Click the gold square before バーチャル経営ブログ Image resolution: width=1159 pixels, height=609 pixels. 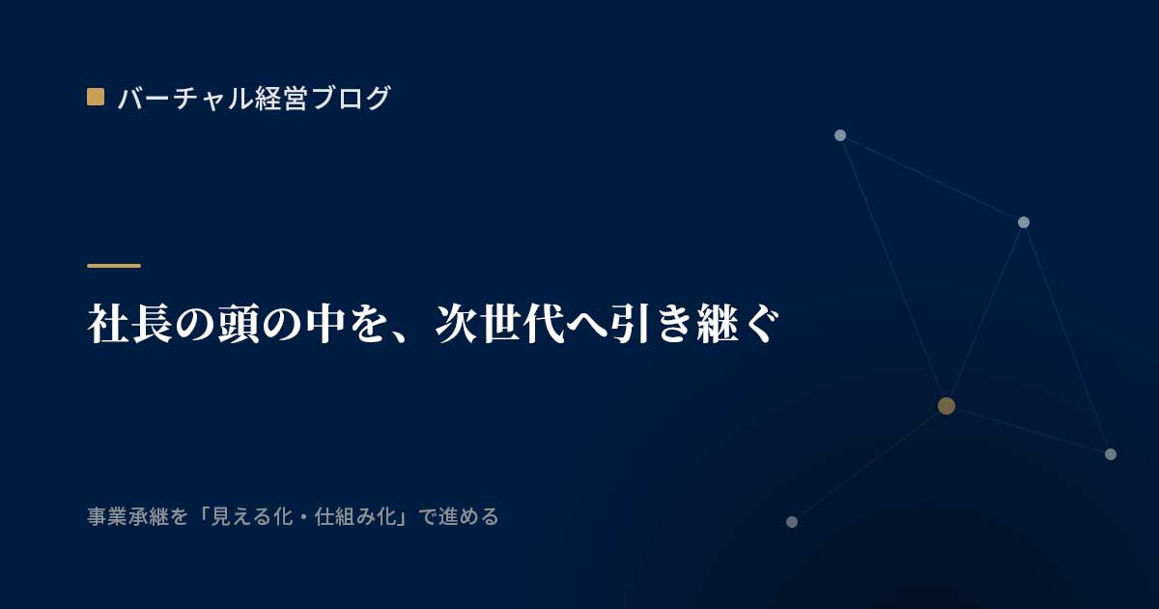click(x=96, y=97)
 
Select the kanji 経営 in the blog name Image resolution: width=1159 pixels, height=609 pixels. click(x=281, y=98)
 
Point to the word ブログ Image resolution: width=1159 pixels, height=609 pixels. click(x=351, y=98)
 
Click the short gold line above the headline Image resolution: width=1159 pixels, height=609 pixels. click(x=114, y=266)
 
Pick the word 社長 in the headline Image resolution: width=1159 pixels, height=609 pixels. click(x=129, y=324)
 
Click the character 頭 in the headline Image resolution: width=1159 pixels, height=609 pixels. click(x=239, y=324)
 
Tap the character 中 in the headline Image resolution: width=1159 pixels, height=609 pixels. click(x=325, y=324)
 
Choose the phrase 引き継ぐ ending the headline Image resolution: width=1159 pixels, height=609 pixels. click(x=694, y=324)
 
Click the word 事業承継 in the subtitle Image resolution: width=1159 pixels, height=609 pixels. click(x=127, y=517)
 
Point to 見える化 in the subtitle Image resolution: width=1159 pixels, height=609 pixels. click(x=252, y=517)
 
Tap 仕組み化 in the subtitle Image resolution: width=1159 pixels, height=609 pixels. click(x=355, y=517)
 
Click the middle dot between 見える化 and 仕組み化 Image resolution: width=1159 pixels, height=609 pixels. click(x=303, y=517)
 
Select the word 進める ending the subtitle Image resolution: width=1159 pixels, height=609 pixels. click(x=468, y=517)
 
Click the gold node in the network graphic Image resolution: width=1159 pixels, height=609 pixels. click(x=947, y=406)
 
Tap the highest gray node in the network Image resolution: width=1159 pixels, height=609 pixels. click(x=840, y=135)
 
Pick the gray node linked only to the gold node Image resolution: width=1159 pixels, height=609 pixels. click(x=792, y=522)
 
